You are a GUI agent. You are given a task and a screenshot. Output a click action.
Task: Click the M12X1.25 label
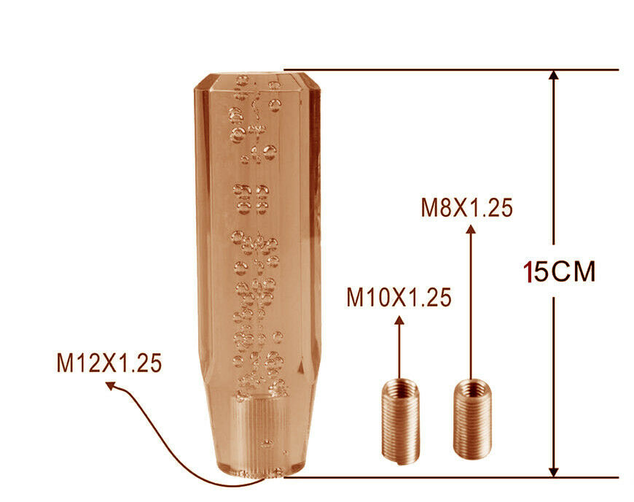[x=109, y=363]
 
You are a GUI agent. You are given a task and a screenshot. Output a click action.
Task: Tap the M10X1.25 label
[x=399, y=298]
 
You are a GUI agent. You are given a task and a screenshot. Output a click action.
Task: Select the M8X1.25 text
[x=467, y=208]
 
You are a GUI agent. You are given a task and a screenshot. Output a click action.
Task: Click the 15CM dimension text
[x=560, y=271]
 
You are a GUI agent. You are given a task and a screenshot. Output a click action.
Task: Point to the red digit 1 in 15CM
[x=528, y=271]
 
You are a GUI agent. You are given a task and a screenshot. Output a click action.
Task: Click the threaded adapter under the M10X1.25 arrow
[x=401, y=421]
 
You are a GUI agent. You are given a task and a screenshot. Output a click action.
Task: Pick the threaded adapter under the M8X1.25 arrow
[x=472, y=419]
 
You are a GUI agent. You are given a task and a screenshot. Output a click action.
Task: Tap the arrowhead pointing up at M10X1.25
[x=399, y=320]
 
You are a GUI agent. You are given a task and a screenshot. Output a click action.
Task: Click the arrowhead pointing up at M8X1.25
[x=471, y=230]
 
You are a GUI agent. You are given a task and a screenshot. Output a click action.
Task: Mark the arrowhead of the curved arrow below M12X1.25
[x=111, y=385]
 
